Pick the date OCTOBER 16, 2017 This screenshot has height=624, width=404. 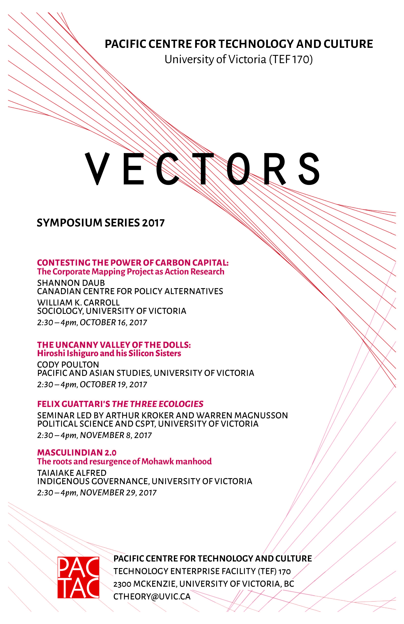[x=113, y=323]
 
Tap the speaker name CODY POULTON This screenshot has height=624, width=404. [x=68, y=365]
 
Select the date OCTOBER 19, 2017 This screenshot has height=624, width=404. [x=113, y=385]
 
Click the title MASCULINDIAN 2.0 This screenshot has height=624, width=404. [x=77, y=453]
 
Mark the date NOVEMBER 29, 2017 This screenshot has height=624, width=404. [x=118, y=493]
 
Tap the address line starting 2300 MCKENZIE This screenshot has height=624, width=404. [x=204, y=584]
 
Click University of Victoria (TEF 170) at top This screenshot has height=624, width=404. [x=238, y=59]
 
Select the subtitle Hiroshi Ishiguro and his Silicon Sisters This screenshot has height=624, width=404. [x=109, y=353]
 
